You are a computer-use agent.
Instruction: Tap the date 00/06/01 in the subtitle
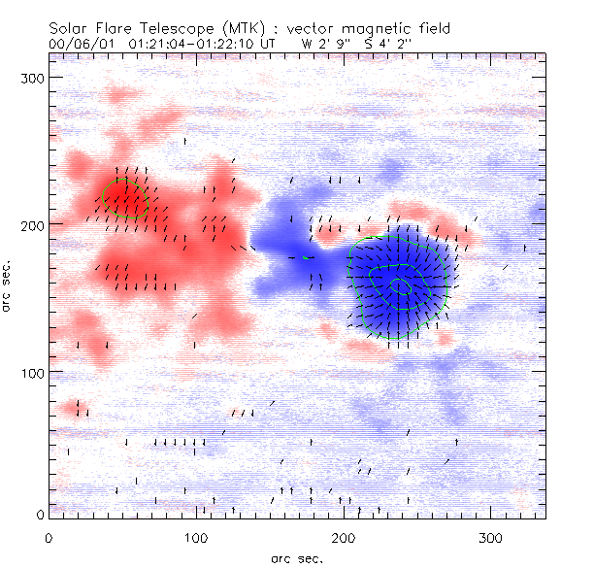[x=79, y=44]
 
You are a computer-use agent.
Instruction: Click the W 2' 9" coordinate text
[x=323, y=44]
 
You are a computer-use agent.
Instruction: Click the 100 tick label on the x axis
[x=196, y=537]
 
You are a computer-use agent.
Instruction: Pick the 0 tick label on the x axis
[x=49, y=537]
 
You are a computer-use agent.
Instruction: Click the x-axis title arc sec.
[x=297, y=557]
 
